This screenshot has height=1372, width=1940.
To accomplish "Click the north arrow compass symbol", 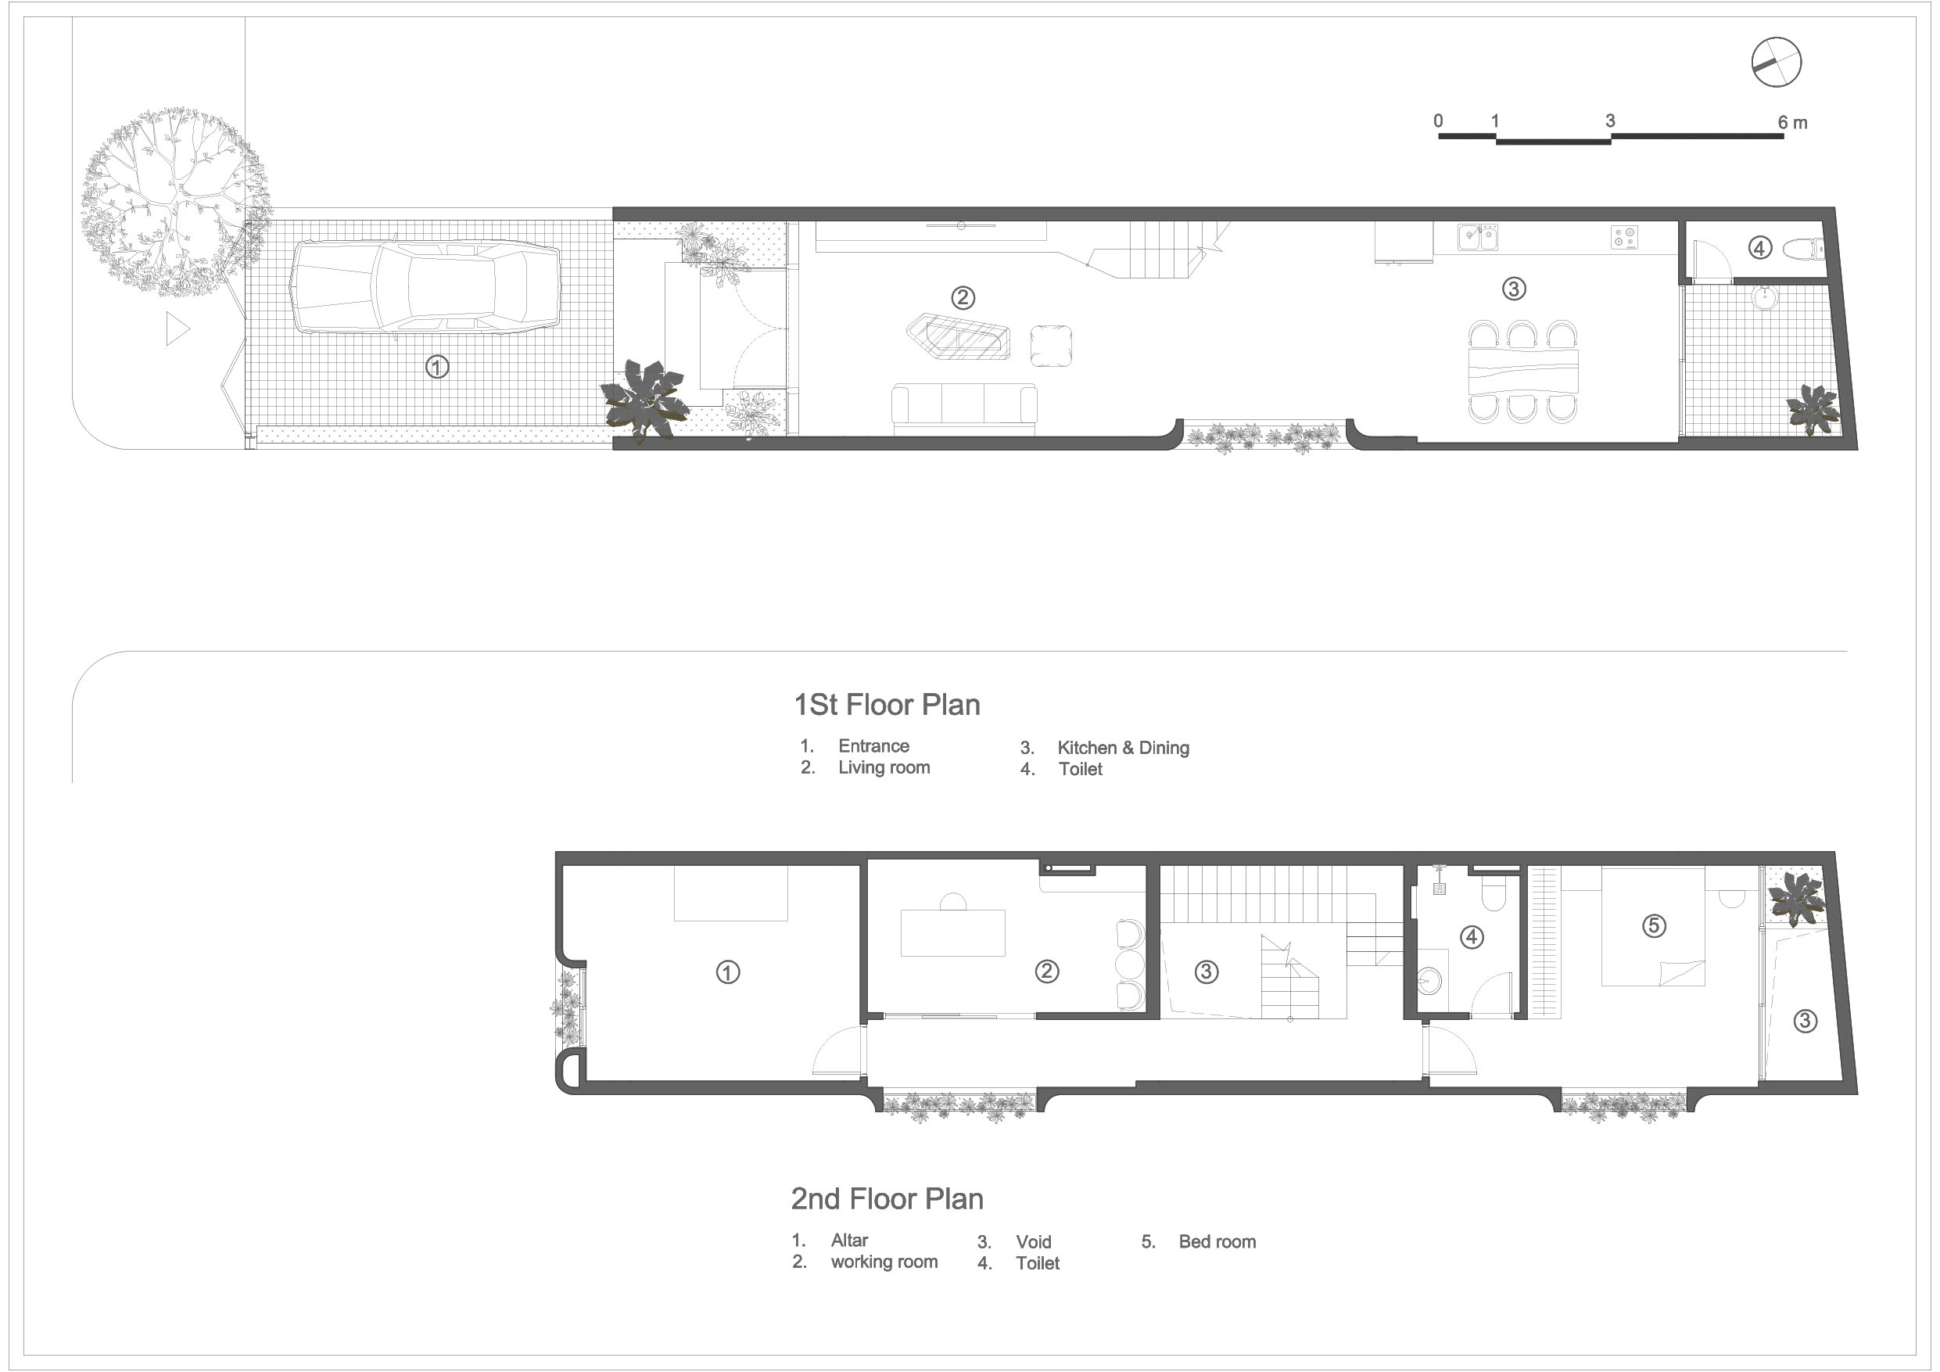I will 1776,62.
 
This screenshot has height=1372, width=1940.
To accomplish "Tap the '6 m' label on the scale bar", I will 1792,123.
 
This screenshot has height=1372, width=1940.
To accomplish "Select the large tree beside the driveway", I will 175,201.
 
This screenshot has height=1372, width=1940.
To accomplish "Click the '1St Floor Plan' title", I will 887,705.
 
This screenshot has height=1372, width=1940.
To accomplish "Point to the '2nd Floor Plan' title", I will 887,1198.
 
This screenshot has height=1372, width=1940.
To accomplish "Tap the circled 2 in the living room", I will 963,297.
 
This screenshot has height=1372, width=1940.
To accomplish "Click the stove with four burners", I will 1624,237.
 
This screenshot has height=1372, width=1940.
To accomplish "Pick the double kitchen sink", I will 1477,237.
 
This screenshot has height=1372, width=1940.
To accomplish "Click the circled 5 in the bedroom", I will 1654,926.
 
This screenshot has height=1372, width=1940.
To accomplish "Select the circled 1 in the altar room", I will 727,972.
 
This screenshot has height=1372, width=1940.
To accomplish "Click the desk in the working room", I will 952,932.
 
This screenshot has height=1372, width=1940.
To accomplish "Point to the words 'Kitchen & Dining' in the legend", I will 1123,748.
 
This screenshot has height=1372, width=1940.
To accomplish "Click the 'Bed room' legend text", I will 1217,1242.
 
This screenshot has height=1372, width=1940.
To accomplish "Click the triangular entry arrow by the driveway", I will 177,329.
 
